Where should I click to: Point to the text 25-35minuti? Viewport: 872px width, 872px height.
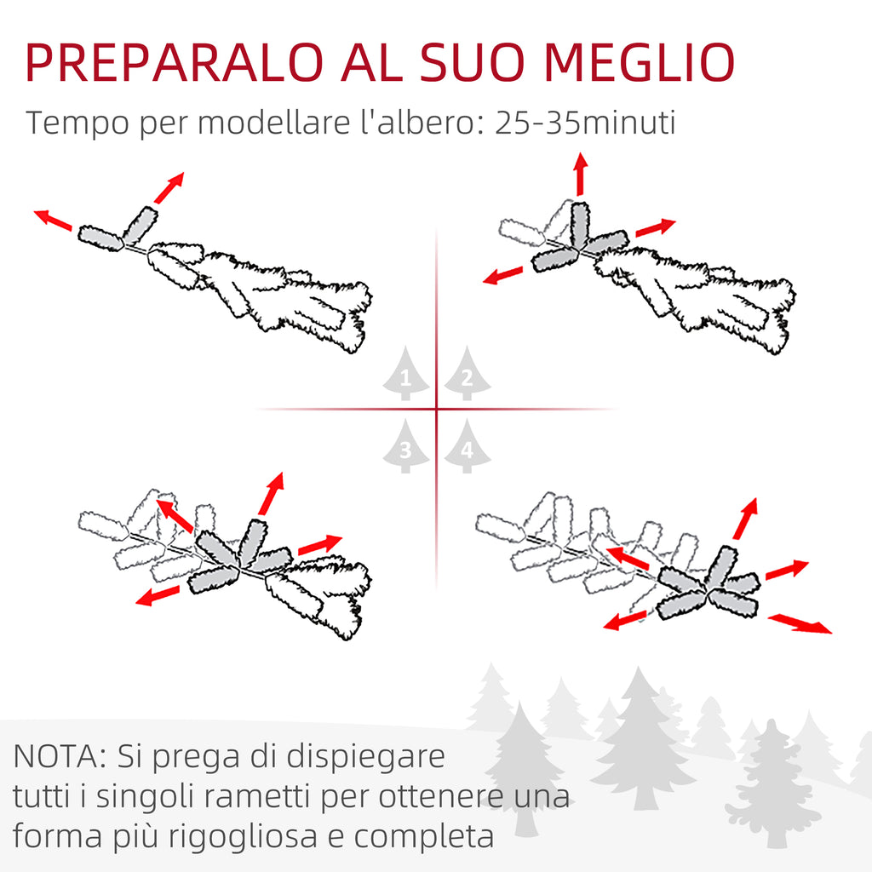tap(585, 123)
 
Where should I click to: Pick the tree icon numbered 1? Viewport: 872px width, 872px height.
tap(405, 373)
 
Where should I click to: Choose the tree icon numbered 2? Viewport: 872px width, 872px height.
tap(468, 373)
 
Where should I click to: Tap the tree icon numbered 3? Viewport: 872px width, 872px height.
tap(405, 446)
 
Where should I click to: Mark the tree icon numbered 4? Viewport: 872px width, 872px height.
tap(468, 446)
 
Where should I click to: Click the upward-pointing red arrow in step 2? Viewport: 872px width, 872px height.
tap(581, 174)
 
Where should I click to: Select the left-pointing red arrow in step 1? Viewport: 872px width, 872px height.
tap(53, 220)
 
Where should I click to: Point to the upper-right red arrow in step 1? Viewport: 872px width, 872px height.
tap(169, 188)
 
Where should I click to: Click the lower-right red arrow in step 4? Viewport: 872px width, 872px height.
tap(800, 622)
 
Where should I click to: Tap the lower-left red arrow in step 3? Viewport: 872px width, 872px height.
tap(158, 595)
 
